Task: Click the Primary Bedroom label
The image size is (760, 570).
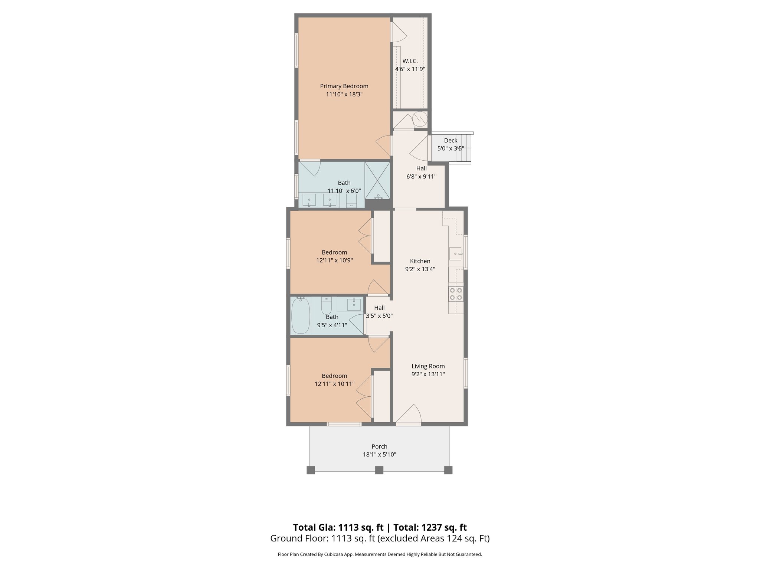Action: [344, 86]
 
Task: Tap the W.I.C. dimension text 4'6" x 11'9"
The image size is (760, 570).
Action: [410, 69]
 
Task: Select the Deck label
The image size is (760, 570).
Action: [451, 140]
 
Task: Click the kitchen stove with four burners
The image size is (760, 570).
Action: [456, 294]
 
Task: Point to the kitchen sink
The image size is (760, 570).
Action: [455, 254]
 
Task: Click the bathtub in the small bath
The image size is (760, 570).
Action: [301, 316]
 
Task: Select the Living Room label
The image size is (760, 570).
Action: [428, 366]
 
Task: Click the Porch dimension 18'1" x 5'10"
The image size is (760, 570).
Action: [379, 455]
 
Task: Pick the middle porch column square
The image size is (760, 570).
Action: [379, 470]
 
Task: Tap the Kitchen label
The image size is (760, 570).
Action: [420, 261]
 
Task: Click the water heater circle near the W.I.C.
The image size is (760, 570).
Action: [420, 119]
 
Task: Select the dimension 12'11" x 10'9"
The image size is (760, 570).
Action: [334, 261]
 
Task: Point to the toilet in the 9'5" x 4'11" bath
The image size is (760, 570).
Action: [327, 306]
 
